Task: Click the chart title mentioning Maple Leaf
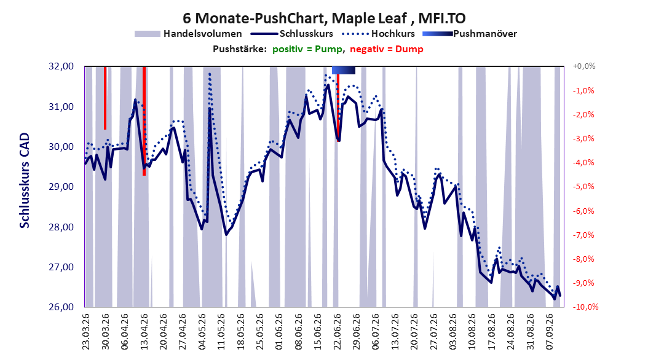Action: (324, 18)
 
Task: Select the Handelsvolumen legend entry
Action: (189, 34)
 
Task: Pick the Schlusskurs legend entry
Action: (292, 34)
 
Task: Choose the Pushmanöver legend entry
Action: (470, 34)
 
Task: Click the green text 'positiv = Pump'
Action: (307, 49)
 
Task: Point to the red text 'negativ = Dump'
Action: (387, 49)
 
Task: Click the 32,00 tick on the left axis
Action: (61, 66)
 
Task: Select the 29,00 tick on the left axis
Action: (61, 187)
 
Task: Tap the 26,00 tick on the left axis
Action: (61, 307)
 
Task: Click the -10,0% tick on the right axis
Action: (585, 307)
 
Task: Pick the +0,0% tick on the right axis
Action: (584, 66)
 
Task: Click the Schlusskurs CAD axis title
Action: (25, 181)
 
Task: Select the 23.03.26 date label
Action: (86, 332)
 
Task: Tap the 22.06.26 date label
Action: (338, 332)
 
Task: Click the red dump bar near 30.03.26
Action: (105, 98)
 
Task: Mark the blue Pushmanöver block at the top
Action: (344, 70)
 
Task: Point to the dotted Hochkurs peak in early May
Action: (210, 74)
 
